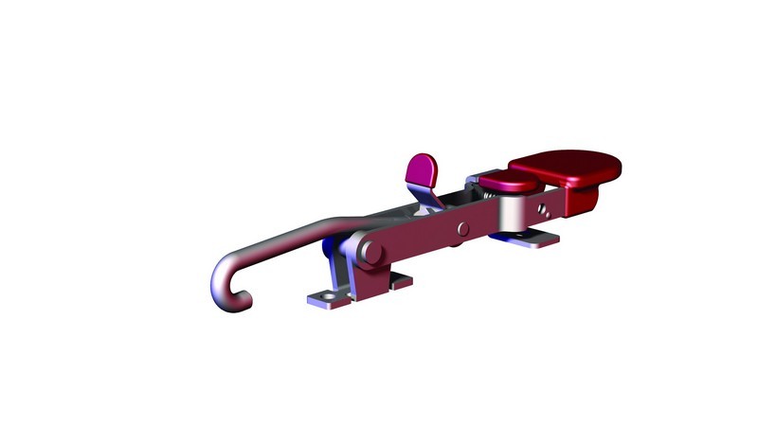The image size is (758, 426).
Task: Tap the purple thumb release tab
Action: pyautogui.click(x=423, y=169)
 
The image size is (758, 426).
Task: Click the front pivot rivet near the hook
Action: pyautogui.click(x=370, y=252)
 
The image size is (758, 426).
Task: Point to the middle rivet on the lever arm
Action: pyautogui.click(x=461, y=228)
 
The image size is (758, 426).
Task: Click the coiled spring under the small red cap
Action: pyautogui.click(x=489, y=195)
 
